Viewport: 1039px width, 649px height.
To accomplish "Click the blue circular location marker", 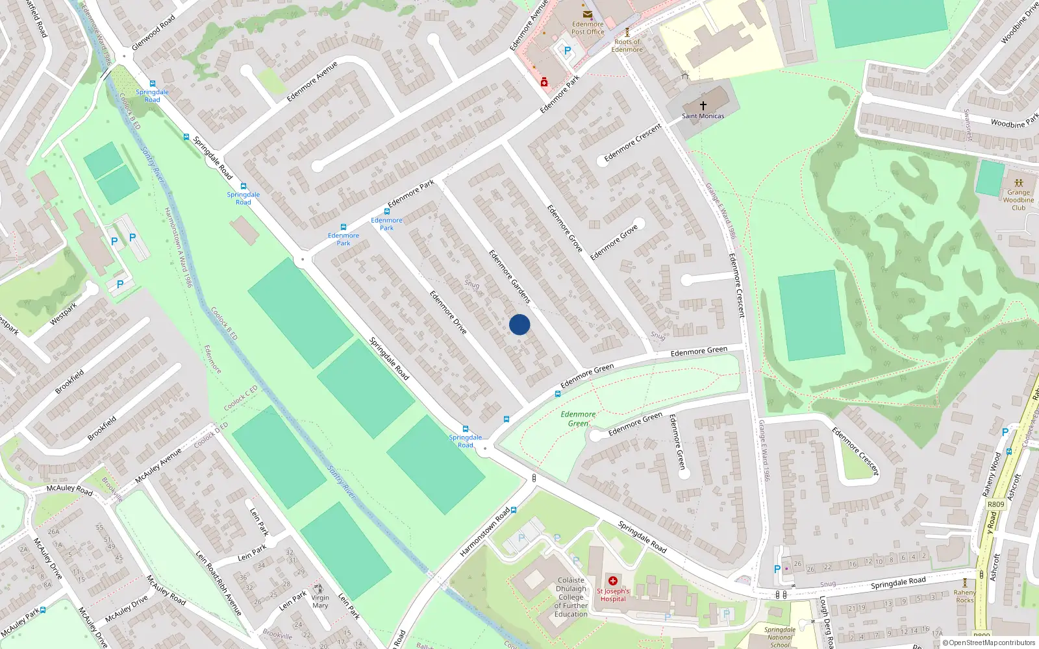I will coord(519,324).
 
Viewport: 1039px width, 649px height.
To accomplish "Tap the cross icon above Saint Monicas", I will coord(703,105).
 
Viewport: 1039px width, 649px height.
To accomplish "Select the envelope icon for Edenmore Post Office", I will coord(588,14).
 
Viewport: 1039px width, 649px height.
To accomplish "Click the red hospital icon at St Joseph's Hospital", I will coord(612,581).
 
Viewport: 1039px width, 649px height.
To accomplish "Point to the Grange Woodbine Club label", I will coord(1018,200).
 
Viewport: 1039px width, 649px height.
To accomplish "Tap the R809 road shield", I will coord(995,504).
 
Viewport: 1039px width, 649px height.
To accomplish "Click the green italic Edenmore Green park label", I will coord(578,419).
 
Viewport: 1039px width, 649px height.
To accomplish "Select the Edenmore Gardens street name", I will coord(510,276).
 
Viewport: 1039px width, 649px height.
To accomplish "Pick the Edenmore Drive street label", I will coord(448,312).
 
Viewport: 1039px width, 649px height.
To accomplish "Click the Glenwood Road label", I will coord(153,33).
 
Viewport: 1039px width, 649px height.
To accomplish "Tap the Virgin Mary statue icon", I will coord(318,588).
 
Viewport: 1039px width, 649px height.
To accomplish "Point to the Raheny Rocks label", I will coord(965,596).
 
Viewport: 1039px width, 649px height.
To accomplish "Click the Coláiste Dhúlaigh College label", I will coord(571,597).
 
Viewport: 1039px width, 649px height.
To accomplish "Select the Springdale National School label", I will coord(779,637).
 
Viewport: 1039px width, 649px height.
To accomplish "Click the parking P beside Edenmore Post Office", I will coord(567,51).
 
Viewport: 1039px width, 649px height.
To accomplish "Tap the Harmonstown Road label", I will coord(484,532).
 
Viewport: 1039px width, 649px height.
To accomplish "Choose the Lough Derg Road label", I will coord(826,622).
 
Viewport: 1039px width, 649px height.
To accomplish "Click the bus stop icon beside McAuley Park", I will coord(43,610).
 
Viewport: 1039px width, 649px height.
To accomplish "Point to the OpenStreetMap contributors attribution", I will coord(989,643).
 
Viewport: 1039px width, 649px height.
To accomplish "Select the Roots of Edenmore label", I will coord(627,45).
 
